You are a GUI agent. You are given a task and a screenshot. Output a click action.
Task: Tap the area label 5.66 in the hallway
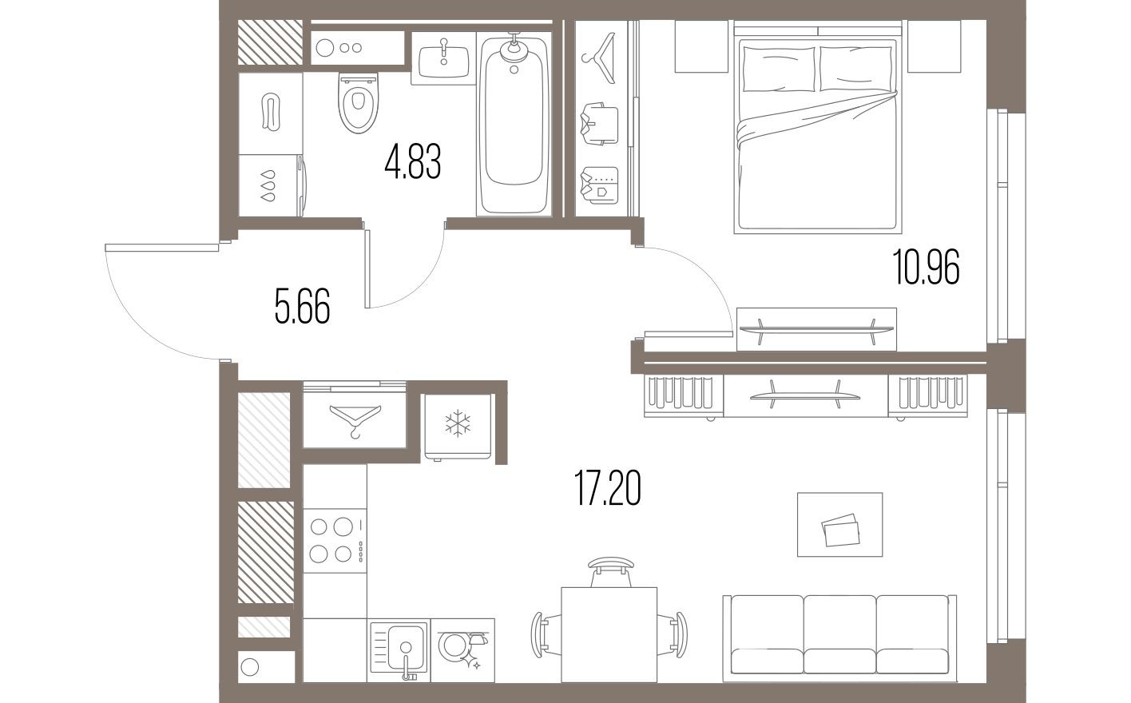(302, 307)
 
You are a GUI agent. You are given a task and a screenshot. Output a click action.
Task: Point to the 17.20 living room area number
(608, 488)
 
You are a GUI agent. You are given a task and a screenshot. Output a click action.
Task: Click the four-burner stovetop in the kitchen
(333, 540)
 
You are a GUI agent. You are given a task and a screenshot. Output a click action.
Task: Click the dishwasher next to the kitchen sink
(462, 648)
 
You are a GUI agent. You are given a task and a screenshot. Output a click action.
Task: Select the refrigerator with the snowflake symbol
(457, 425)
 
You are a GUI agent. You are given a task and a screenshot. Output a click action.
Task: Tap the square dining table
(609, 633)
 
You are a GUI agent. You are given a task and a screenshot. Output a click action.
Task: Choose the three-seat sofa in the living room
(839, 637)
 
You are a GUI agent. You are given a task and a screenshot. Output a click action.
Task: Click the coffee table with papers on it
(839, 525)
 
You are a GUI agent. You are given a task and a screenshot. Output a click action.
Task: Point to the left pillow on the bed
(778, 69)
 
